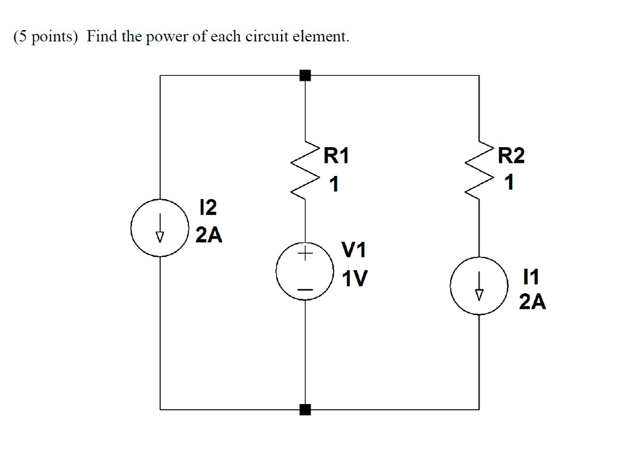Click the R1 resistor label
(336, 156)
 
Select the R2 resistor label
(511, 156)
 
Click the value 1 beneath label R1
(334, 184)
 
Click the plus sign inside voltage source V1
(305, 254)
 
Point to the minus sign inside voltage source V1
(305, 289)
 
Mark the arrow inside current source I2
(160, 231)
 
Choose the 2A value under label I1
(532, 303)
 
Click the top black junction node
(305, 76)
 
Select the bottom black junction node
(305, 410)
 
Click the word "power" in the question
(167, 37)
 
